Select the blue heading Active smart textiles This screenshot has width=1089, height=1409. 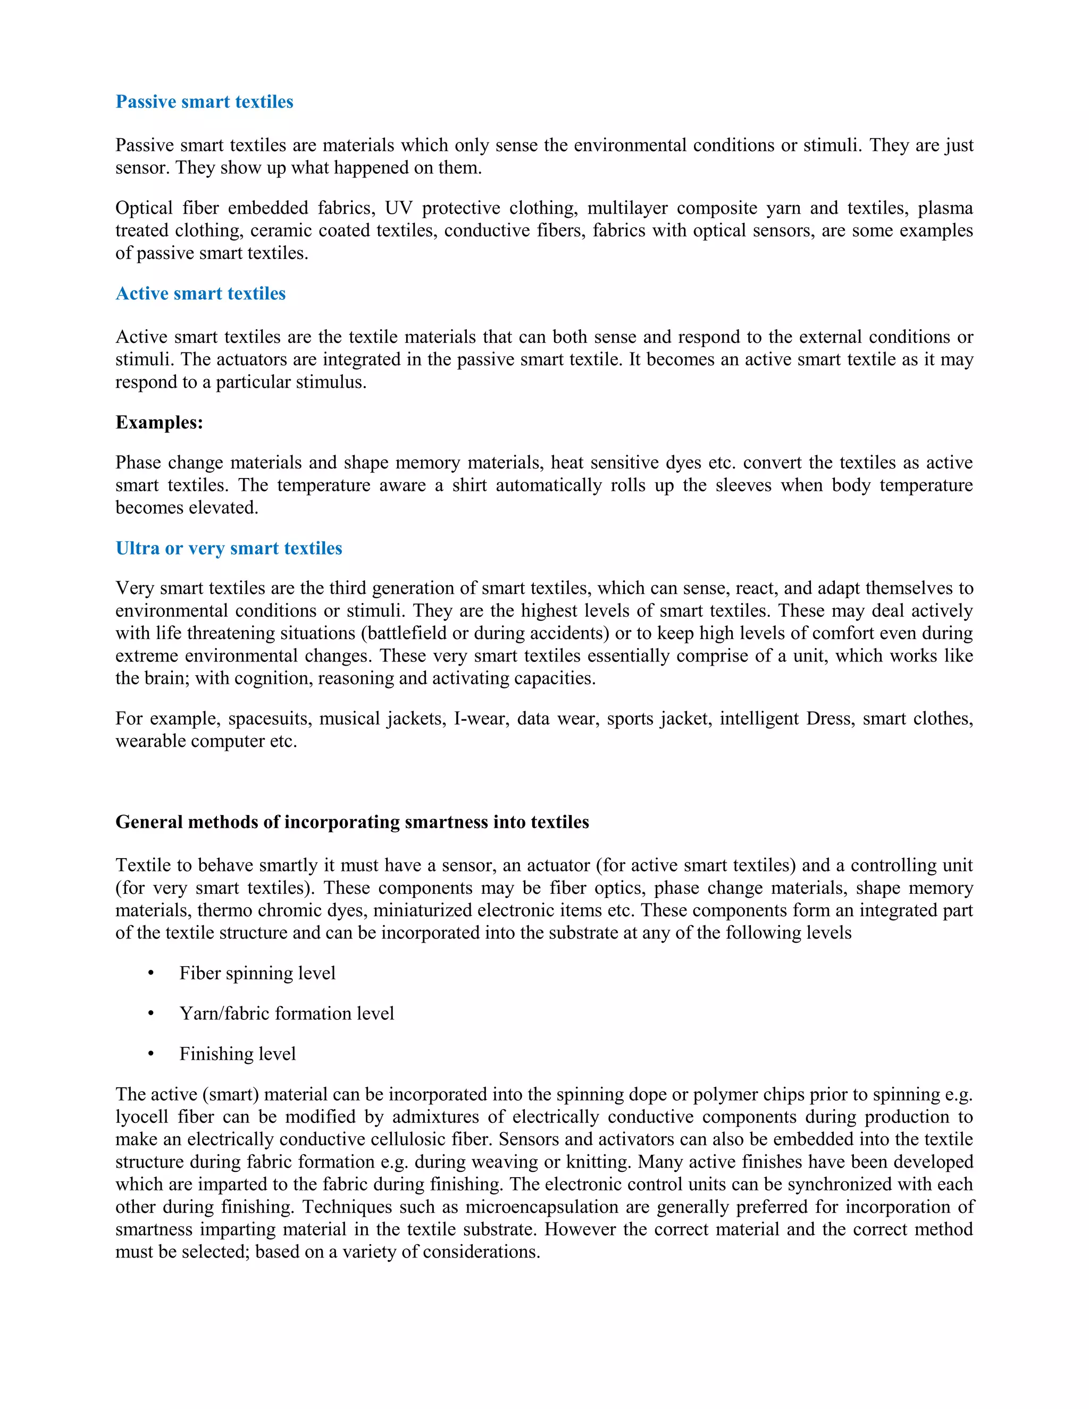click(200, 293)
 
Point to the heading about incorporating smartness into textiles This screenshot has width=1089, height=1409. click(351, 821)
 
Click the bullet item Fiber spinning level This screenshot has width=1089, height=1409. click(257, 972)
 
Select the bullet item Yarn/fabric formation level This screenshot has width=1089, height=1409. click(287, 1013)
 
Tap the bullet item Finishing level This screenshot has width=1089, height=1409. click(237, 1053)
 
